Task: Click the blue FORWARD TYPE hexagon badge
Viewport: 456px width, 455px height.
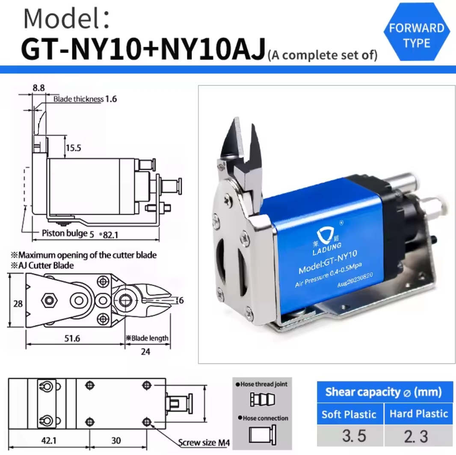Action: (417, 32)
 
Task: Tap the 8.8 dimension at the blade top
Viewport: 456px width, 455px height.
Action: (38, 88)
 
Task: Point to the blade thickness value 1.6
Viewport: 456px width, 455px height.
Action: (111, 99)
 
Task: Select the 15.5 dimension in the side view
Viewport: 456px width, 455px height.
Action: (73, 148)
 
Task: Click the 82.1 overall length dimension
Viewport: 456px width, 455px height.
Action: (110, 235)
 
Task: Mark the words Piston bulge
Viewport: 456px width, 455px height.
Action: (65, 233)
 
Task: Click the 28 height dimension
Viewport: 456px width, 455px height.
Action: (18, 304)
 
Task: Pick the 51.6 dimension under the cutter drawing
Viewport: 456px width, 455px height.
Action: (72, 338)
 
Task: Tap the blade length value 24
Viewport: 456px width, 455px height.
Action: (145, 352)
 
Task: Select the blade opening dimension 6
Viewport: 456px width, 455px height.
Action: (181, 300)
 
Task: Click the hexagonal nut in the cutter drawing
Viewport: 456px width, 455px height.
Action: (49, 300)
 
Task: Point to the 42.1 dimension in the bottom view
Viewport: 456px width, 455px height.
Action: (49, 440)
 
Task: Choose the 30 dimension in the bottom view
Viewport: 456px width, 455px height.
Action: (116, 440)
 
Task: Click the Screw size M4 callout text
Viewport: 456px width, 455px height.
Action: (204, 443)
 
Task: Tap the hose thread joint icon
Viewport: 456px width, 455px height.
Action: (262, 399)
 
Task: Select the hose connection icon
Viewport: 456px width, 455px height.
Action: (263, 434)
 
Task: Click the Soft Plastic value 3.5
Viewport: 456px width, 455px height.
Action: (354, 436)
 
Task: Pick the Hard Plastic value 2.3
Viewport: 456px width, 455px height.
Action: (416, 436)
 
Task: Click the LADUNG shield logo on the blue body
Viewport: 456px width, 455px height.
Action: (324, 236)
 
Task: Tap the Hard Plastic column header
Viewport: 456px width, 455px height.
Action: (419, 414)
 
